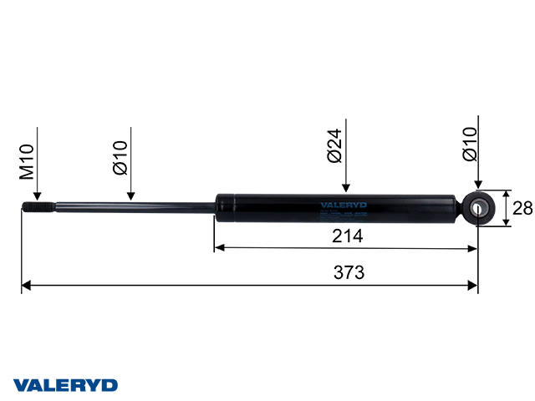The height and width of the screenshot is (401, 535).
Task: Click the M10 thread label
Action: tap(27, 162)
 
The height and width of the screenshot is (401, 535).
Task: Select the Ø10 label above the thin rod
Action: tap(120, 157)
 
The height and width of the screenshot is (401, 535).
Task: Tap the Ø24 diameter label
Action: tap(334, 144)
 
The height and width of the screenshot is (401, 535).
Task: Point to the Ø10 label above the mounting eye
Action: tap(469, 144)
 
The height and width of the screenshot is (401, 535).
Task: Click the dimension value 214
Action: tap(346, 236)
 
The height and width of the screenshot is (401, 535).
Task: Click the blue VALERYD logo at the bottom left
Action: tap(64, 385)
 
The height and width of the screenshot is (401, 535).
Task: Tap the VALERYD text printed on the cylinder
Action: tap(344, 204)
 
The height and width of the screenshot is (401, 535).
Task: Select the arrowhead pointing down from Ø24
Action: tap(345, 187)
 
